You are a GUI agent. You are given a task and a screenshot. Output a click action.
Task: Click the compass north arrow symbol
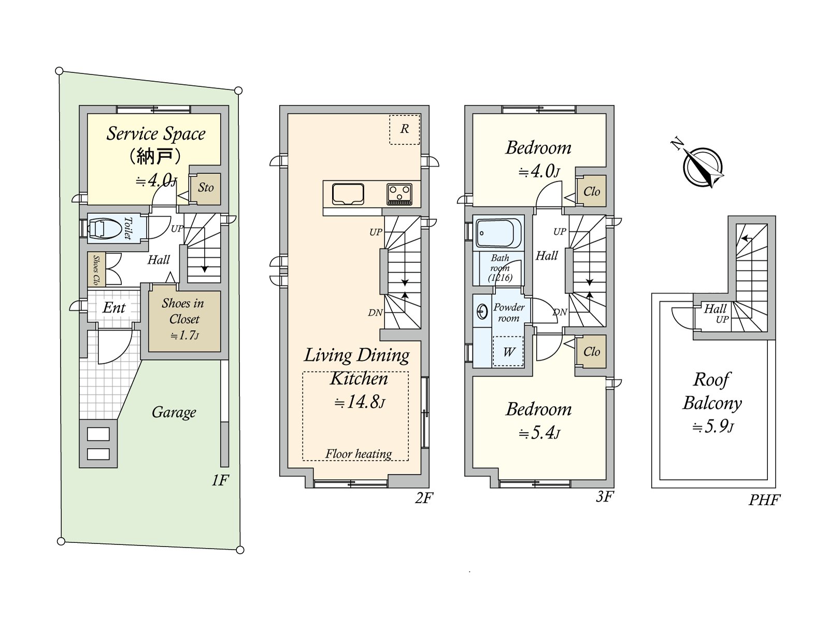[x=703, y=167]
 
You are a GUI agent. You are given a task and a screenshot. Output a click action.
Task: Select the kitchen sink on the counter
[x=348, y=194]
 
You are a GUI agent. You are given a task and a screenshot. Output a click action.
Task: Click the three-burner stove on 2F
[x=399, y=194]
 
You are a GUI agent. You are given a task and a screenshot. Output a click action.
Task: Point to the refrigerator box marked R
[x=404, y=129]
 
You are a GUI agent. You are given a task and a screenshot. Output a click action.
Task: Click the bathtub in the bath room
[x=498, y=233]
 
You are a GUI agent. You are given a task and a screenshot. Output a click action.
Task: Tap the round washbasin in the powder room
[x=482, y=312]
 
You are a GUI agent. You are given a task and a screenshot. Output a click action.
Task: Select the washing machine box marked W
[x=508, y=352]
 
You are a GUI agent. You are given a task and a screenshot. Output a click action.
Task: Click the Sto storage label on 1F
[x=206, y=187]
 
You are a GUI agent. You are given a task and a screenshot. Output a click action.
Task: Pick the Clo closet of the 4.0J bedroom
[x=591, y=191]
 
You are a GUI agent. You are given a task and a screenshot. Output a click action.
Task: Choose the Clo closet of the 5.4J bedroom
[x=591, y=351]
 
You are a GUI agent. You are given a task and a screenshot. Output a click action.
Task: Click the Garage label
[x=174, y=412]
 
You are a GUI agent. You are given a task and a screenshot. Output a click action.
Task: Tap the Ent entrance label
[x=114, y=308]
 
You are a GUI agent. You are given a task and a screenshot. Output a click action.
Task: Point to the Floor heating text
[x=358, y=454]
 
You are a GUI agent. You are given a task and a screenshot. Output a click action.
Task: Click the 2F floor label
[x=423, y=498]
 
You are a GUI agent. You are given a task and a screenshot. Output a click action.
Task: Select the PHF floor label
[x=764, y=500]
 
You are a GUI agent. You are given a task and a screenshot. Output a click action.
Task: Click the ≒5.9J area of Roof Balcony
[x=713, y=426]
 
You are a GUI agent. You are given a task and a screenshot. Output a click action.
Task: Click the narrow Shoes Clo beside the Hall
[x=96, y=270]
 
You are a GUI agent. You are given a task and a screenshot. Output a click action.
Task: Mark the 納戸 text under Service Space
[x=154, y=156]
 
